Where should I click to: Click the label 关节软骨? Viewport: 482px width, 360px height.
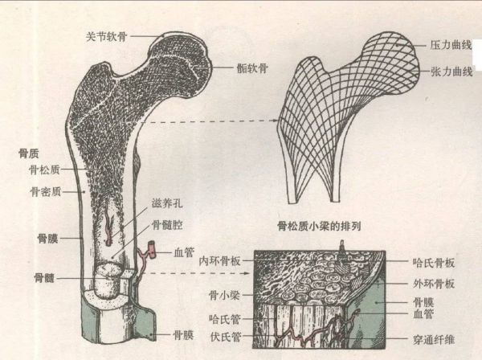(108, 35)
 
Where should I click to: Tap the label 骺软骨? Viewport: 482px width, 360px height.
(254, 69)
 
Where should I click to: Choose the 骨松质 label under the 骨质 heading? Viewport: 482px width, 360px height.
(45, 170)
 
